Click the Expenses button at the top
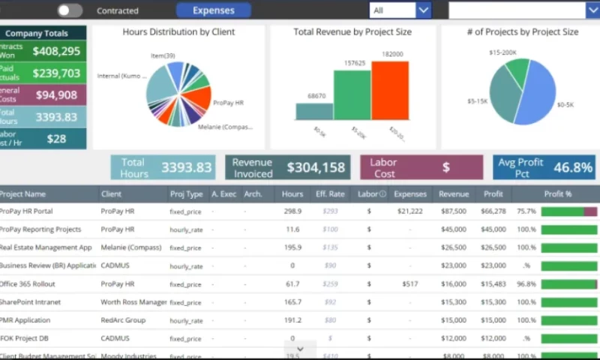pos(213,10)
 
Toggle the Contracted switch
pos(70,10)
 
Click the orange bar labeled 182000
pos(390,91)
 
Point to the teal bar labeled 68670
pos(314,112)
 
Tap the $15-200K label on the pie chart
pos(502,52)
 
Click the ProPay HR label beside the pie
pos(229,103)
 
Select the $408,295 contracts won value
pos(56,52)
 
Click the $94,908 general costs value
pos(56,95)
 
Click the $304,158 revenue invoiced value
pos(316,167)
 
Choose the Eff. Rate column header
pos(330,194)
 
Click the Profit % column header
pos(557,194)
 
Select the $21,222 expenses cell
pos(409,211)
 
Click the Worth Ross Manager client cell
pos(133,302)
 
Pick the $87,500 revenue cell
pos(454,211)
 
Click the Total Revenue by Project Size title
pos(352,32)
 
